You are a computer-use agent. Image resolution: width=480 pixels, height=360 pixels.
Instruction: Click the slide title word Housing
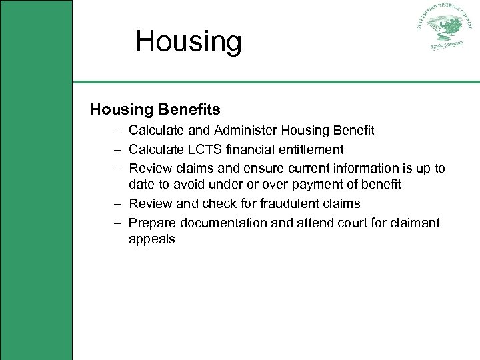pyautogui.click(x=189, y=41)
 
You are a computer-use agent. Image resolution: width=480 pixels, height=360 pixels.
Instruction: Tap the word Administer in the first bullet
pyautogui.click(x=261, y=130)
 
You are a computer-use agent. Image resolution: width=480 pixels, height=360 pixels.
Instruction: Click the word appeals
pyautogui.click(x=152, y=239)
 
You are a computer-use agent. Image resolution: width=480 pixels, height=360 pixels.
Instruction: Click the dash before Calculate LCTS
pyautogui.click(x=117, y=149)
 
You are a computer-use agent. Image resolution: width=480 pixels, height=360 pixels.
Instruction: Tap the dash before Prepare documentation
pyautogui.click(x=117, y=223)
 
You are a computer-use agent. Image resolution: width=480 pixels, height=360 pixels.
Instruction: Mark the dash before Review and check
pyautogui.click(x=117, y=203)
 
